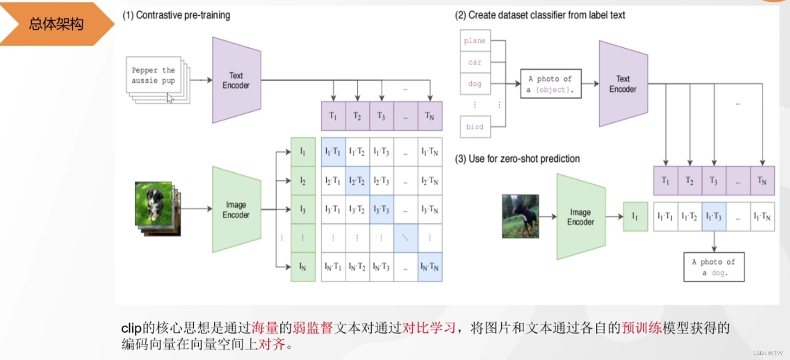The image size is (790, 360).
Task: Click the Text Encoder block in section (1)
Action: coord(236,80)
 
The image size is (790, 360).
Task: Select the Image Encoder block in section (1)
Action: coord(236,209)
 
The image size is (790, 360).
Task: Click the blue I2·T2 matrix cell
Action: coord(357,181)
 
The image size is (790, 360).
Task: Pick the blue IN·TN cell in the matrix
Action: coord(430,267)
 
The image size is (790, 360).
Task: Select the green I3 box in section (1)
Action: coord(303,209)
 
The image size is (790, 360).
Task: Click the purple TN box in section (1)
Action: coord(430,116)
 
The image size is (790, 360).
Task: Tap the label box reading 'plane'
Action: coord(475,41)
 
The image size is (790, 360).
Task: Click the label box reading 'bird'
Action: coord(475,127)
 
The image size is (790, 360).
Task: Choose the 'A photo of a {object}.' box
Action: coord(550,84)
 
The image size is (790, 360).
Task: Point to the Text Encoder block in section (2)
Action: coord(623,84)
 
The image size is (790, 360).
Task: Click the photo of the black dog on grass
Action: coord(520,216)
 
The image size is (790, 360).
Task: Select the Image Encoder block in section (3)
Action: coord(581,217)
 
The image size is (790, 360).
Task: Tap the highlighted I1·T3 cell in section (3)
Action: coord(714,216)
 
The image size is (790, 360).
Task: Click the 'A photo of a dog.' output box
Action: coord(714,267)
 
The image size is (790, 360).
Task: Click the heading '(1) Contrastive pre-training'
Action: coord(176,15)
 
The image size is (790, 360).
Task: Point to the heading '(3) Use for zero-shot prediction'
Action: coord(517,159)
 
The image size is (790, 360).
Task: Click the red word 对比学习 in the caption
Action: coord(429,328)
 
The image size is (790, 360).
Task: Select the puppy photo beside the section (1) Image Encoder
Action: coord(154,204)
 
